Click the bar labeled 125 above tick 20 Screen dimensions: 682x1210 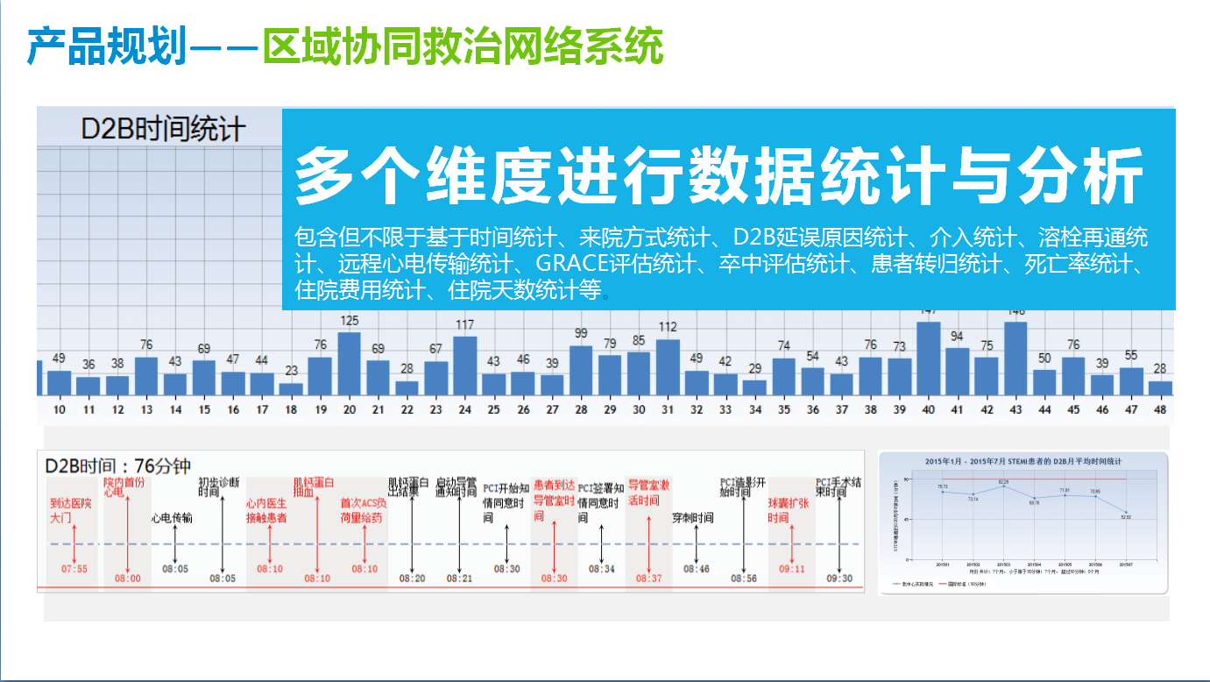[350, 364]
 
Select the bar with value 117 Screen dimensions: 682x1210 [464, 366]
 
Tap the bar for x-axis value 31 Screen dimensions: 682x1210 [668, 367]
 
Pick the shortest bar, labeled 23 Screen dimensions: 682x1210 [291, 388]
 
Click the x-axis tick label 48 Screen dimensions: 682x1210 [1159, 409]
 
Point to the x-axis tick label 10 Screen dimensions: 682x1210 [60, 409]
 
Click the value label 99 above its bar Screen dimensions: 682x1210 [581, 333]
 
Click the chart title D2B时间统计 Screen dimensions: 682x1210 [164, 129]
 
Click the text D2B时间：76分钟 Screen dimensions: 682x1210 [118, 466]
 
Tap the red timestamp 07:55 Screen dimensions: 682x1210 [74, 569]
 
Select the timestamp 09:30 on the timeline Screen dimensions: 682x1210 [839, 579]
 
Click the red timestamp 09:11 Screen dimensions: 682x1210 [792, 569]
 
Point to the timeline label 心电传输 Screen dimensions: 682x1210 [173, 518]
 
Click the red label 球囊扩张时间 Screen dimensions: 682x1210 [789, 511]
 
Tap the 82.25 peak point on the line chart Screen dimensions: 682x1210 [1003, 487]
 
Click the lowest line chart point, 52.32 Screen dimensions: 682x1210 [1126, 512]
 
